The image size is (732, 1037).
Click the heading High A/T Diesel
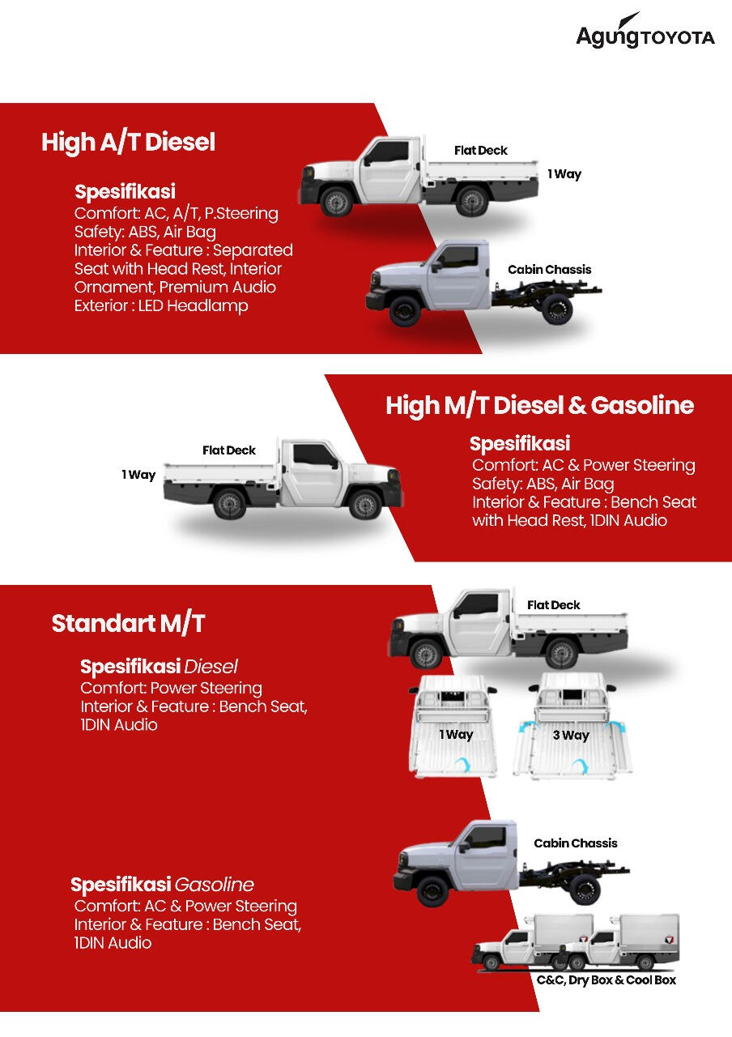tap(128, 142)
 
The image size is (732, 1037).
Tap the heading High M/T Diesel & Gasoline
tap(539, 405)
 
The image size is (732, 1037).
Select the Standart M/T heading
tap(128, 623)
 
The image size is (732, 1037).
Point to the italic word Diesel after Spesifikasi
tap(211, 667)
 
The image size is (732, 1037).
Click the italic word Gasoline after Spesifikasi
tap(215, 885)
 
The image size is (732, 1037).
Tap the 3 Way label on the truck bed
tap(571, 735)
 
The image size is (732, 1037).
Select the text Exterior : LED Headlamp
tap(161, 305)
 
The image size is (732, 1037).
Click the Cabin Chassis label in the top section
tap(549, 270)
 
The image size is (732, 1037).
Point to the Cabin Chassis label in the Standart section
tap(575, 843)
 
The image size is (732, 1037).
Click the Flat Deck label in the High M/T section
tap(229, 450)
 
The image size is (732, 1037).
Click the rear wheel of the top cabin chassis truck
tap(557, 309)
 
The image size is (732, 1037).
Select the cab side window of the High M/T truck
tap(313, 455)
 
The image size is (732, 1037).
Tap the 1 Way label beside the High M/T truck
tap(138, 475)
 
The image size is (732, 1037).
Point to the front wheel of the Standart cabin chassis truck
tap(433, 890)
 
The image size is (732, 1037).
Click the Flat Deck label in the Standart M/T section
tap(553, 605)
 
